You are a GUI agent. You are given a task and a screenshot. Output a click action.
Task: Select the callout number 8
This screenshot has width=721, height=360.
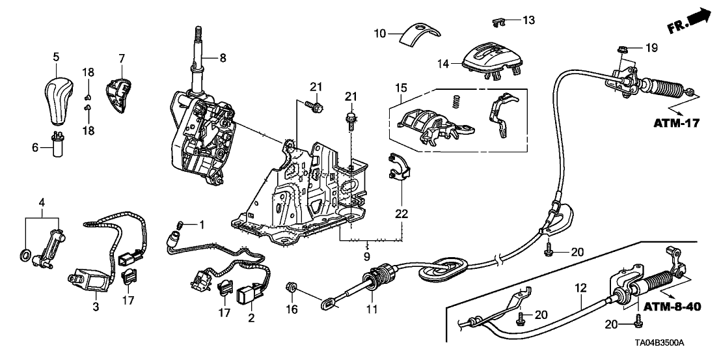point(223,58)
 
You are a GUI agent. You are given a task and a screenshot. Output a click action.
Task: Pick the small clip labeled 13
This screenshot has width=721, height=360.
point(499,22)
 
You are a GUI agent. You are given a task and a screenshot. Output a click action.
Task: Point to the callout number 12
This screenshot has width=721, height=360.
point(580,286)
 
